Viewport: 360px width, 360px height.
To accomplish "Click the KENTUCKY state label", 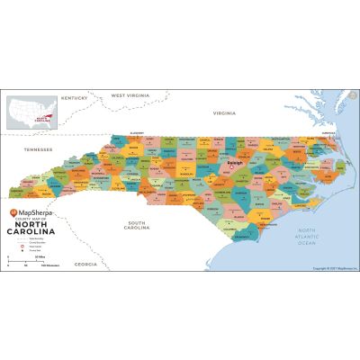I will point(74,97).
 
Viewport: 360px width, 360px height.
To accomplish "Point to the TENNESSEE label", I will point(38,149).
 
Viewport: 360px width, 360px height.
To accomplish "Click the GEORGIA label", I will point(85,265).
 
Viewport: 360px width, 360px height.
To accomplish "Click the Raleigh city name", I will point(236,162).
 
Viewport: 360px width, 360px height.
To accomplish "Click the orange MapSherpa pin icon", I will point(13,213).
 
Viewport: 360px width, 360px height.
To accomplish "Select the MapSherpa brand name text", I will point(36,213).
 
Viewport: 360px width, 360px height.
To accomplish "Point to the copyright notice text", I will point(332,268).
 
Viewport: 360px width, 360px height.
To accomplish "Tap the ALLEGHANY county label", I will point(137,133).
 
